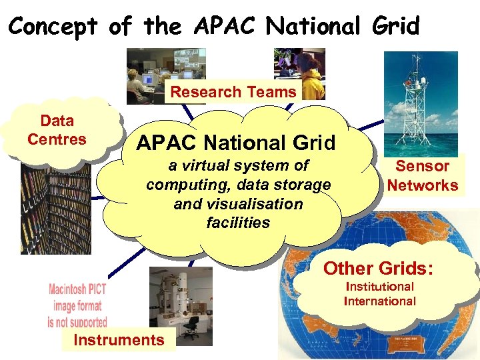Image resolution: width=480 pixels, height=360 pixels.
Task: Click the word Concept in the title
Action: tap(53, 26)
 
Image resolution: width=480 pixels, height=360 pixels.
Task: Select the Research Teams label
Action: tap(233, 92)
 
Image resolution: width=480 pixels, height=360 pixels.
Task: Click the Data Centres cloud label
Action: tap(57, 130)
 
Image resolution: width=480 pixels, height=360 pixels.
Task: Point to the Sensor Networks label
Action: tap(423, 175)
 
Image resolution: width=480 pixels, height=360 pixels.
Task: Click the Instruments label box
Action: tap(119, 340)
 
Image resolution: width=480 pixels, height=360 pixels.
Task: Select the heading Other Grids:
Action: tap(378, 269)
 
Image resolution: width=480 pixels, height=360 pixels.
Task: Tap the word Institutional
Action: tap(379, 287)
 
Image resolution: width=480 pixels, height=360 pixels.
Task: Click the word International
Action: tap(379, 301)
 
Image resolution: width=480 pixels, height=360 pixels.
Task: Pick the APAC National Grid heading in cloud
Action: tap(235, 143)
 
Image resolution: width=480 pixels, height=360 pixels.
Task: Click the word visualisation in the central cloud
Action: tap(238, 204)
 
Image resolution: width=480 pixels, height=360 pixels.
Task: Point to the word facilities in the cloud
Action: tap(238, 223)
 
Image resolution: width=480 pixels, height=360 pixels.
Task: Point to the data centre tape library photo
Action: tap(53, 207)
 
